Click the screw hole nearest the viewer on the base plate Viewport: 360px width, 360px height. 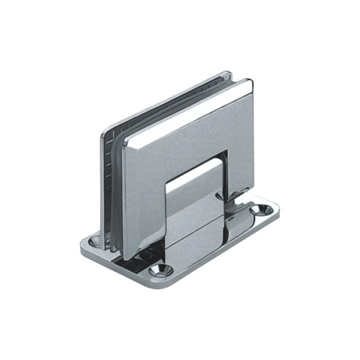coord(157,270)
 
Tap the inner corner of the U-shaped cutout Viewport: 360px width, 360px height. coord(227,152)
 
